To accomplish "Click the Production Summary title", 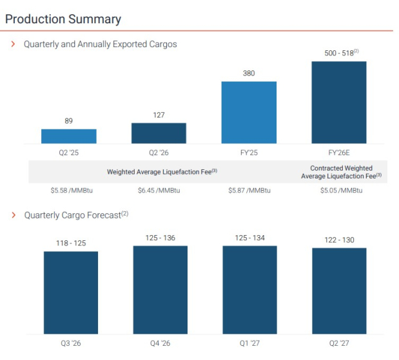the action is pyautogui.click(x=63, y=19).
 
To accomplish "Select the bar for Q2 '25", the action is pyautogui.click(x=69, y=137).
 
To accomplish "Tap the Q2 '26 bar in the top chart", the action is pyautogui.click(x=159, y=133).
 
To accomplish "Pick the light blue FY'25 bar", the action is pyautogui.click(x=249, y=112).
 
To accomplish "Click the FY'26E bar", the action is pyautogui.click(x=339, y=102).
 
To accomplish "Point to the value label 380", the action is pyautogui.click(x=249, y=73).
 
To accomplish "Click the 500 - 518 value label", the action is pyautogui.click(x=342, y=53).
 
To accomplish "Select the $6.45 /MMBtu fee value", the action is pyautogui.click(x=159, y=191).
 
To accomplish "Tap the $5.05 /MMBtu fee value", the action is pyautogui.click(x=342, y=191).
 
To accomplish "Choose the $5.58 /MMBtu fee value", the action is pyautogui.click(x=72, y=191).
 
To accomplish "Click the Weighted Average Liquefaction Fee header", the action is pyautogui.click(x=162, y=171).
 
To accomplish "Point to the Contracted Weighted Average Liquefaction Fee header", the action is pyautogui.click(x=342, y=172).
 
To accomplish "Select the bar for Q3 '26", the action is pyautogui.click(x=71, y=292).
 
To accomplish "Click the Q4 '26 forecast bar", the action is pyautogui.click(x=161, y=290).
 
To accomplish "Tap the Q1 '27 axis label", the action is pyautogui.click(x=249, y=343).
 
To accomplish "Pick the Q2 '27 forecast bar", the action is pyautogui.click(x=339, y=291).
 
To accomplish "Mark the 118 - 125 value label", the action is pyautogui.click(x=71, y=243).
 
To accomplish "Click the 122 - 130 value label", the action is pyautogui.click(x=340, y=240).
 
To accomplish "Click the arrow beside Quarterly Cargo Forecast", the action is pyautogui.click(x=14, y=215).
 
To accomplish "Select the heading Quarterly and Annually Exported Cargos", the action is pyautogui.click(x=101, y=44).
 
